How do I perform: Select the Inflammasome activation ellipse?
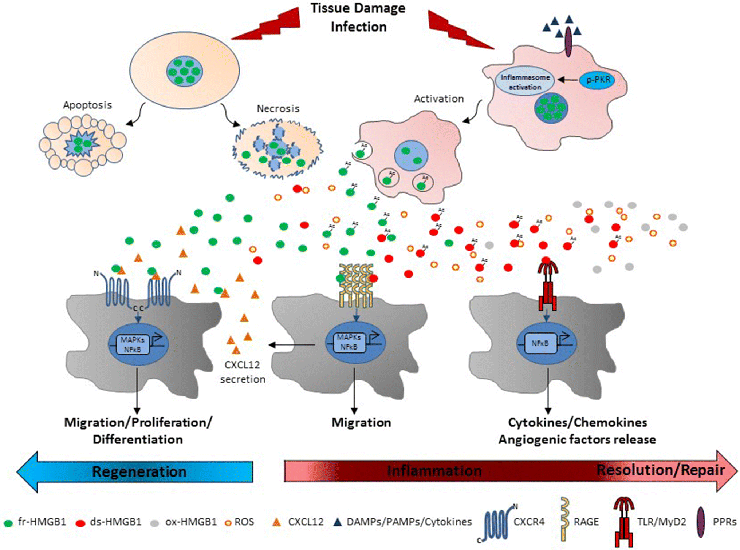(525, 82)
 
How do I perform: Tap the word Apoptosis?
(87, 105)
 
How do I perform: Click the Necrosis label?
(278, 109)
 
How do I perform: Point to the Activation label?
(439, 99)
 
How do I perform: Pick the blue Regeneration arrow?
(138, 471)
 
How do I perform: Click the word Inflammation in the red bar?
(434, 471)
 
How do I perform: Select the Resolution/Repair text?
(660, 470)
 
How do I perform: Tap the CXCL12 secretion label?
(243, 372)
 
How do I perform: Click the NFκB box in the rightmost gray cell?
(540, 343)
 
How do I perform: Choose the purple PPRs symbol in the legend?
(700, 522)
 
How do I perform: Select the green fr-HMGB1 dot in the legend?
(8, 523)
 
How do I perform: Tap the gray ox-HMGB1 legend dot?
(154, 523)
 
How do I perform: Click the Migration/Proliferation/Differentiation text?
(138, 431)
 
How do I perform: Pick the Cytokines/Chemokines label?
(577, 423)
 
